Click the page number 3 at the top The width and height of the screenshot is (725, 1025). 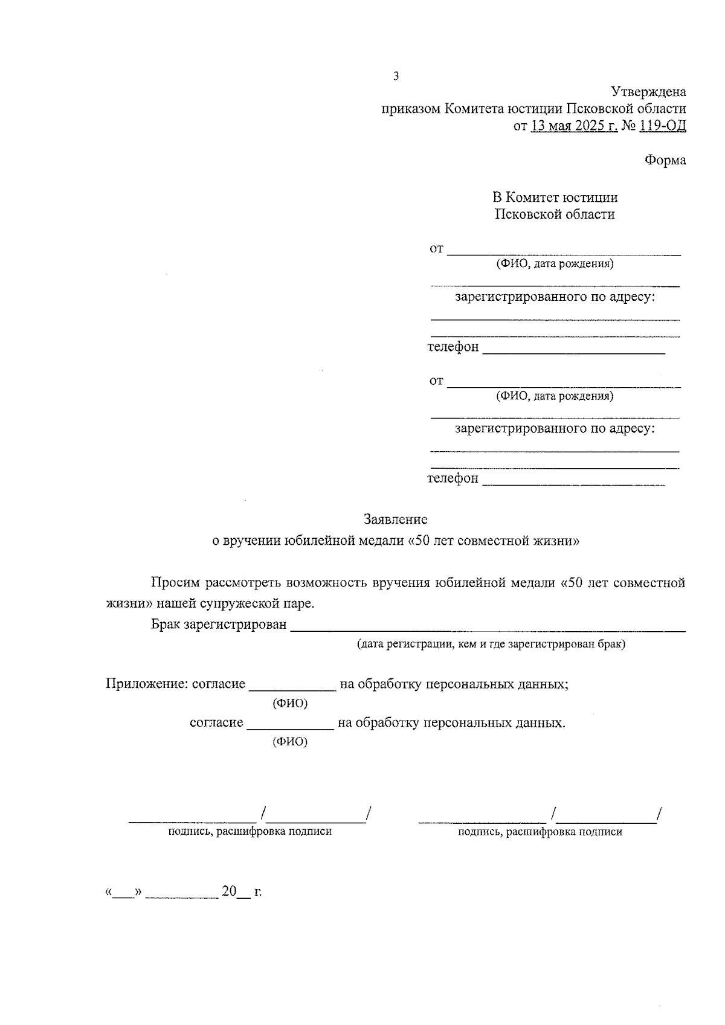coord(396,76)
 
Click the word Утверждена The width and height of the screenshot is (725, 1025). coord(648,92)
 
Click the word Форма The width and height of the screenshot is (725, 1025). coord(665,161)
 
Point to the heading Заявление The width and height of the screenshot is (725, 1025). coord(396,519)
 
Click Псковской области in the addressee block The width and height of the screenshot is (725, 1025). coord(555,214)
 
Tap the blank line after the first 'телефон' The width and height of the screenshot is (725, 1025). coord(573,350)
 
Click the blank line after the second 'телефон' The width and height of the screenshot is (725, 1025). coord(574,482)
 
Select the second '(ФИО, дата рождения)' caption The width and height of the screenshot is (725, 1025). coord(555,396)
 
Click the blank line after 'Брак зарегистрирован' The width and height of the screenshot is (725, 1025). coord(488,628)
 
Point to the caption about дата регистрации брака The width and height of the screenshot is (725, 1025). coord(491,644)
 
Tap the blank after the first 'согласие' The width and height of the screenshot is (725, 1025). coord(292,687)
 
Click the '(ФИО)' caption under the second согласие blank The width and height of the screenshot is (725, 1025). coord(290,742)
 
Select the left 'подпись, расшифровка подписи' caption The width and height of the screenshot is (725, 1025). coord(250,832)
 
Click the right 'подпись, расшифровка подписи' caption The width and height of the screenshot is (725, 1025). coord(540,832)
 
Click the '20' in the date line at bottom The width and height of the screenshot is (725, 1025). coord(228,892)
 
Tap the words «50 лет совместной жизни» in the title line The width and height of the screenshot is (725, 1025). coord(494,541)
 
